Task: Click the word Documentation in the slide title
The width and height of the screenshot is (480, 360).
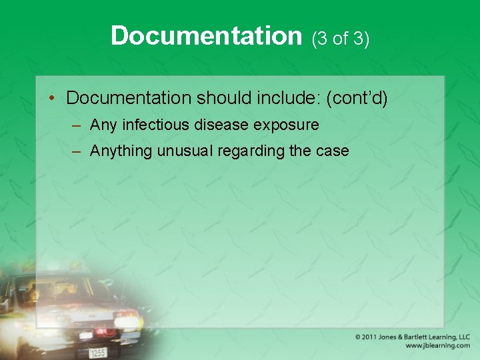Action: click(x=206, y=36)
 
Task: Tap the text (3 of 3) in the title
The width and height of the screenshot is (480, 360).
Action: click(x=340, y=38)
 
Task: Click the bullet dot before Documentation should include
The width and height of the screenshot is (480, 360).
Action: click(x=51, y=98)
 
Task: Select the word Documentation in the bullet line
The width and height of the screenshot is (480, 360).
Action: click(x=128, y=98)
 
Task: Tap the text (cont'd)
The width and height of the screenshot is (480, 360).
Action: click(x=357, y=98)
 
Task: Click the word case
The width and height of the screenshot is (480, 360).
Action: click(x=333, y=151)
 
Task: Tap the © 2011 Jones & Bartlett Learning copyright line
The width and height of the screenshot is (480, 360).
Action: click(x=413, y=337)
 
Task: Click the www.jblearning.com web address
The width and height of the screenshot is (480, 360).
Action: click(x=437, y=346)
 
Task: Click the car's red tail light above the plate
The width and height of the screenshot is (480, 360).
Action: click(x=105, y=332)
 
